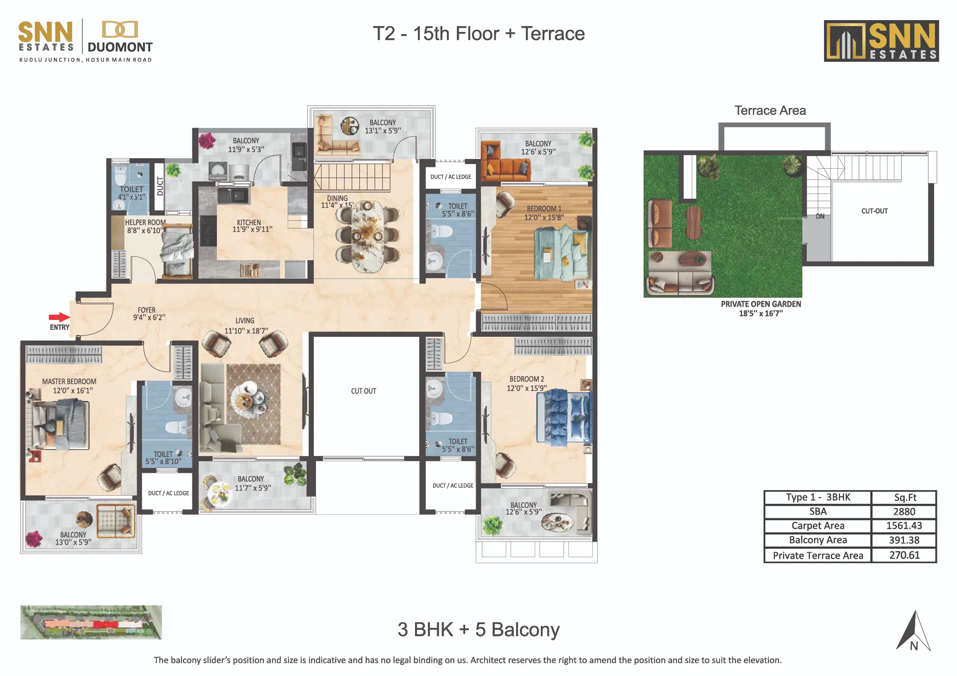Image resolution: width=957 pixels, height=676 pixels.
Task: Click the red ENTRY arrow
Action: point(59,318)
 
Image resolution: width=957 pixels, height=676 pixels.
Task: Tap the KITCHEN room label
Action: point(249,223)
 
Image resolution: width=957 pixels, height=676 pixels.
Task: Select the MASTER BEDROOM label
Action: point(69,381)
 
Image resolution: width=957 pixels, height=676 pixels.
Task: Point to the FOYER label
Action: point(147,310)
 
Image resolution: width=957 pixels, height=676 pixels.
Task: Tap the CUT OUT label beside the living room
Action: point(364,391)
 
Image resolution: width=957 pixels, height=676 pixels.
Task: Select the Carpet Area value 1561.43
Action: point(904,525)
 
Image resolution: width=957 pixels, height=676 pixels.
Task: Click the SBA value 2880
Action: point(904,511)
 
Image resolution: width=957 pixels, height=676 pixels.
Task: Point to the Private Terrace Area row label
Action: point(818,556)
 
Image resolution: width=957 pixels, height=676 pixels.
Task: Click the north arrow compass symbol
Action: point(914,631)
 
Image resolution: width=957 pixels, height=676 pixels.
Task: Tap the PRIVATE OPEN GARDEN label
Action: point(761,304)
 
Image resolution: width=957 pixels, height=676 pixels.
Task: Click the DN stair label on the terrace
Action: point(820,216)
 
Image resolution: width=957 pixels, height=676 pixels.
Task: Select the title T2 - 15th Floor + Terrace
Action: point(478,33)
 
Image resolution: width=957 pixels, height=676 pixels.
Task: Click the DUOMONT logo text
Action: point(120,47)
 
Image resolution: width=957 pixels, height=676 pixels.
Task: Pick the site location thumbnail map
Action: point(91,622)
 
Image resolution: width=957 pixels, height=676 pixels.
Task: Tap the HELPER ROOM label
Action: point(145,222)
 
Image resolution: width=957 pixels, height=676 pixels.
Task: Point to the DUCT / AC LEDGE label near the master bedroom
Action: point(168,493)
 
